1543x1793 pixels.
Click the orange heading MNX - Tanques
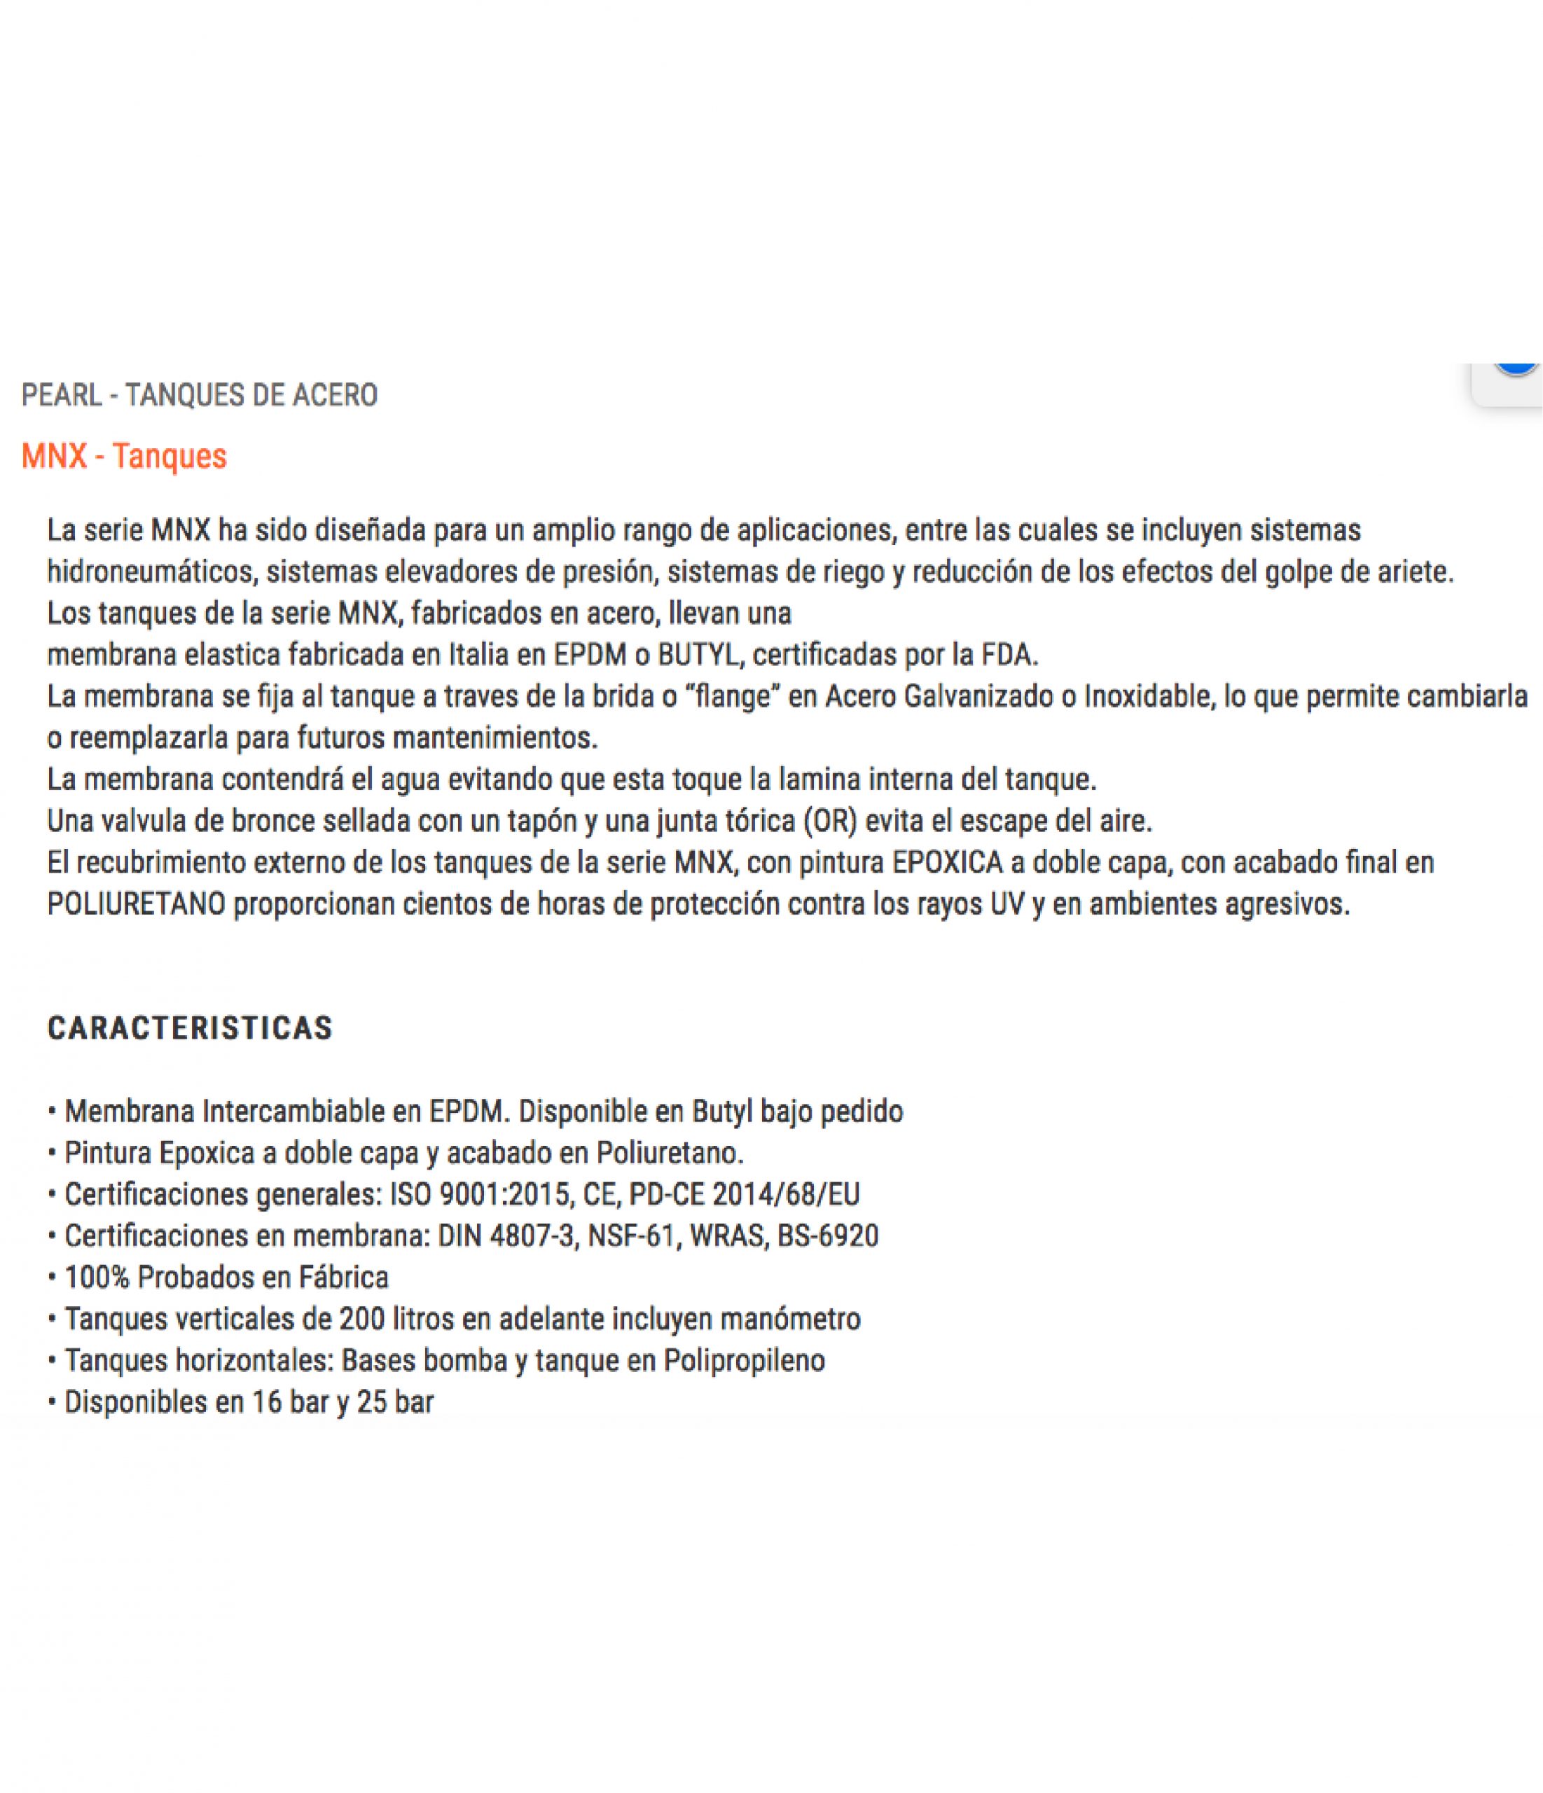(x=124, y=456)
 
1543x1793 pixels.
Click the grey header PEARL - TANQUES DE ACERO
(x=199, y=396)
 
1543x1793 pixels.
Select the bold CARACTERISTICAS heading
(x=190, y=1028)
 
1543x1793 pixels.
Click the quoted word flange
(x=732, y=697)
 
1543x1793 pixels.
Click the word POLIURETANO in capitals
(x=136, y=904)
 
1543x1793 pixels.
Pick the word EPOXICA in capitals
(x=948, y=863)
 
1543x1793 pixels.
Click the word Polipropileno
(x=745, y=1360)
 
